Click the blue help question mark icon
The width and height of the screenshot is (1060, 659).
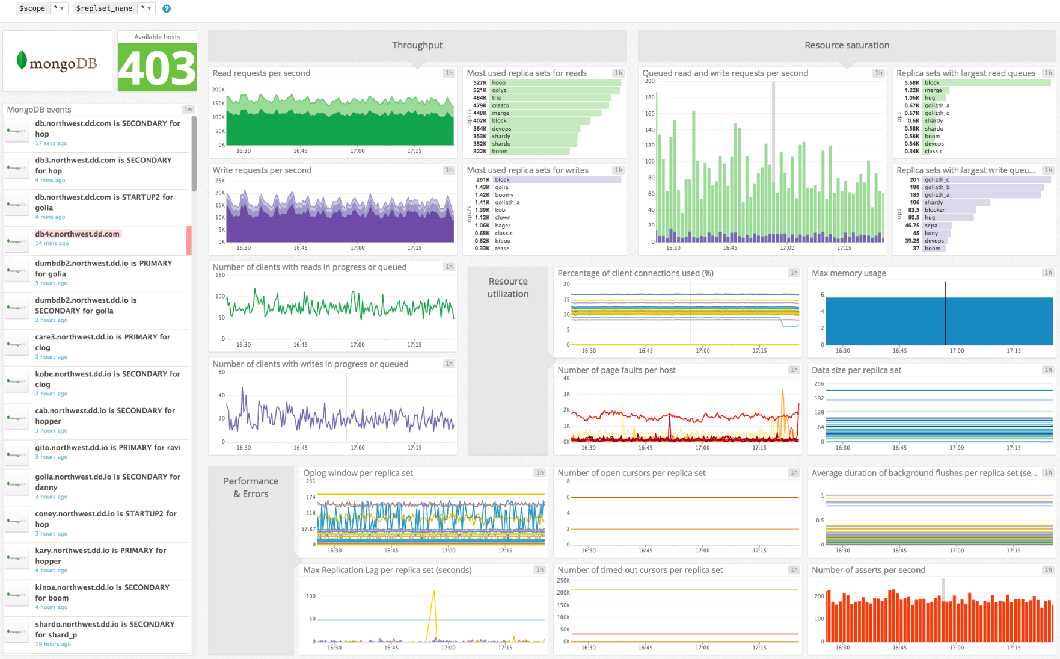[x=167, y=8]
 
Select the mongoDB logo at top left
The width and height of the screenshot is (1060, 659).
[x=57, y=61]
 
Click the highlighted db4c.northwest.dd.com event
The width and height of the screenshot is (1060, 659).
[x=78, y=234]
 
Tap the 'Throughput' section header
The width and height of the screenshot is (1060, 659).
[x=417, y=45]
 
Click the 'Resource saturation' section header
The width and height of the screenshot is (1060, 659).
[x=847, y=45]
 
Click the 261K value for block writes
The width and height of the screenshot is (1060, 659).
[x=482, y=179]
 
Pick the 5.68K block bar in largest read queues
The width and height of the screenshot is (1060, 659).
[x=986, y=83]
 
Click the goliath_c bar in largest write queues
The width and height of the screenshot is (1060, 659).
[x=986, y=179]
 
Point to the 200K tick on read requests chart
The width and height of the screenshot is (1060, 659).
[x=218, y=90]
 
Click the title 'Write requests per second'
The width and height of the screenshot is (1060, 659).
[x=262, y=170]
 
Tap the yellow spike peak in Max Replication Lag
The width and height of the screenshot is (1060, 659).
[x=434, y=592]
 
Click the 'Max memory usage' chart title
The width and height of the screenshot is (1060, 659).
[x=848, y=273]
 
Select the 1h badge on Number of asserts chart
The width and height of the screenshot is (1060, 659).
[x=1048, y=570]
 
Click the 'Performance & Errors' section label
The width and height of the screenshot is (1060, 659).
[x=251, y=487]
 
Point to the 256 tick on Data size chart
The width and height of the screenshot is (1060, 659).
[x=819, y=383]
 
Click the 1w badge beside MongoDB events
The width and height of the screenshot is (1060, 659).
[x=188, y=110]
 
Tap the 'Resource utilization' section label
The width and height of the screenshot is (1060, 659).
[x=508, y=288]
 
